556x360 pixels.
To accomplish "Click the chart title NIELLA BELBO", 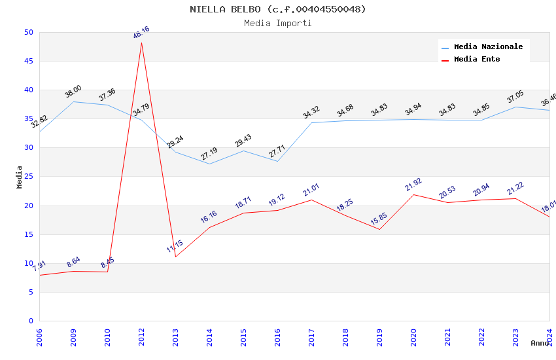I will [x=278, y=9].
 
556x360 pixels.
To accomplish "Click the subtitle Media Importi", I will [x=278, y=24].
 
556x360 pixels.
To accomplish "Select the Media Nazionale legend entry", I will [x=488, y=47].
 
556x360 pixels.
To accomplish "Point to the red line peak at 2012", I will [x=141, y=43].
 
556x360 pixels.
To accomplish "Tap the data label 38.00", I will [x=73, y=92].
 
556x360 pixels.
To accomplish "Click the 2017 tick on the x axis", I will [x=311, y=336].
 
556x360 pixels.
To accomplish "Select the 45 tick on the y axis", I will [x=28, y=62].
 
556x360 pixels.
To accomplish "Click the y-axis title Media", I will [x=20, y=177].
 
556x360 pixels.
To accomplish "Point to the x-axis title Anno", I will [x=540, y=343].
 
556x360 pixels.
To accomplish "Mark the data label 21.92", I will [x=413, y=185].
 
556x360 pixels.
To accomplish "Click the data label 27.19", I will [x=209, y=154].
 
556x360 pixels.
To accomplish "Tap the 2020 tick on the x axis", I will [x=413, y=336].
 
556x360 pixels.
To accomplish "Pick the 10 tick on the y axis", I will [x=28, y=263].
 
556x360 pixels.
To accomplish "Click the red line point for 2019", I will [x=379, y=229].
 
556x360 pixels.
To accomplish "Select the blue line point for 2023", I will [x=515, y=107].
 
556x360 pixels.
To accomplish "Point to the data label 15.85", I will [x=379, y=219].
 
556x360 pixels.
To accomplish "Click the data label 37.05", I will [x=515, y=98].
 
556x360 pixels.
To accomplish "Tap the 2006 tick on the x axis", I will [x=39, y=336].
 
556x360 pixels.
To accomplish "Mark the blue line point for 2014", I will [x=209, y=164].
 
